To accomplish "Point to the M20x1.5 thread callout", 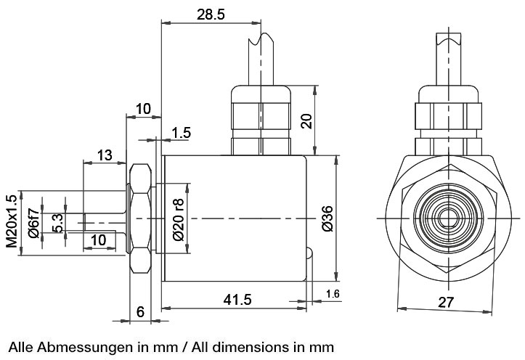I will coord(11,221).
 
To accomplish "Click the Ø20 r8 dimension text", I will coord(178,218).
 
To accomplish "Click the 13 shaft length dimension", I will coord(105,155).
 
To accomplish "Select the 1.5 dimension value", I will coord(182,133).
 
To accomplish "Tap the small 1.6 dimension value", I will coord(333,293).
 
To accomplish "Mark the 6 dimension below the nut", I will coord(141,311).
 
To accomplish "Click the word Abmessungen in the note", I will coord(75,341).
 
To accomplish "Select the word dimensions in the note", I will coord(257,341).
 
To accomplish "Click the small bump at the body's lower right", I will coord(309,255).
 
